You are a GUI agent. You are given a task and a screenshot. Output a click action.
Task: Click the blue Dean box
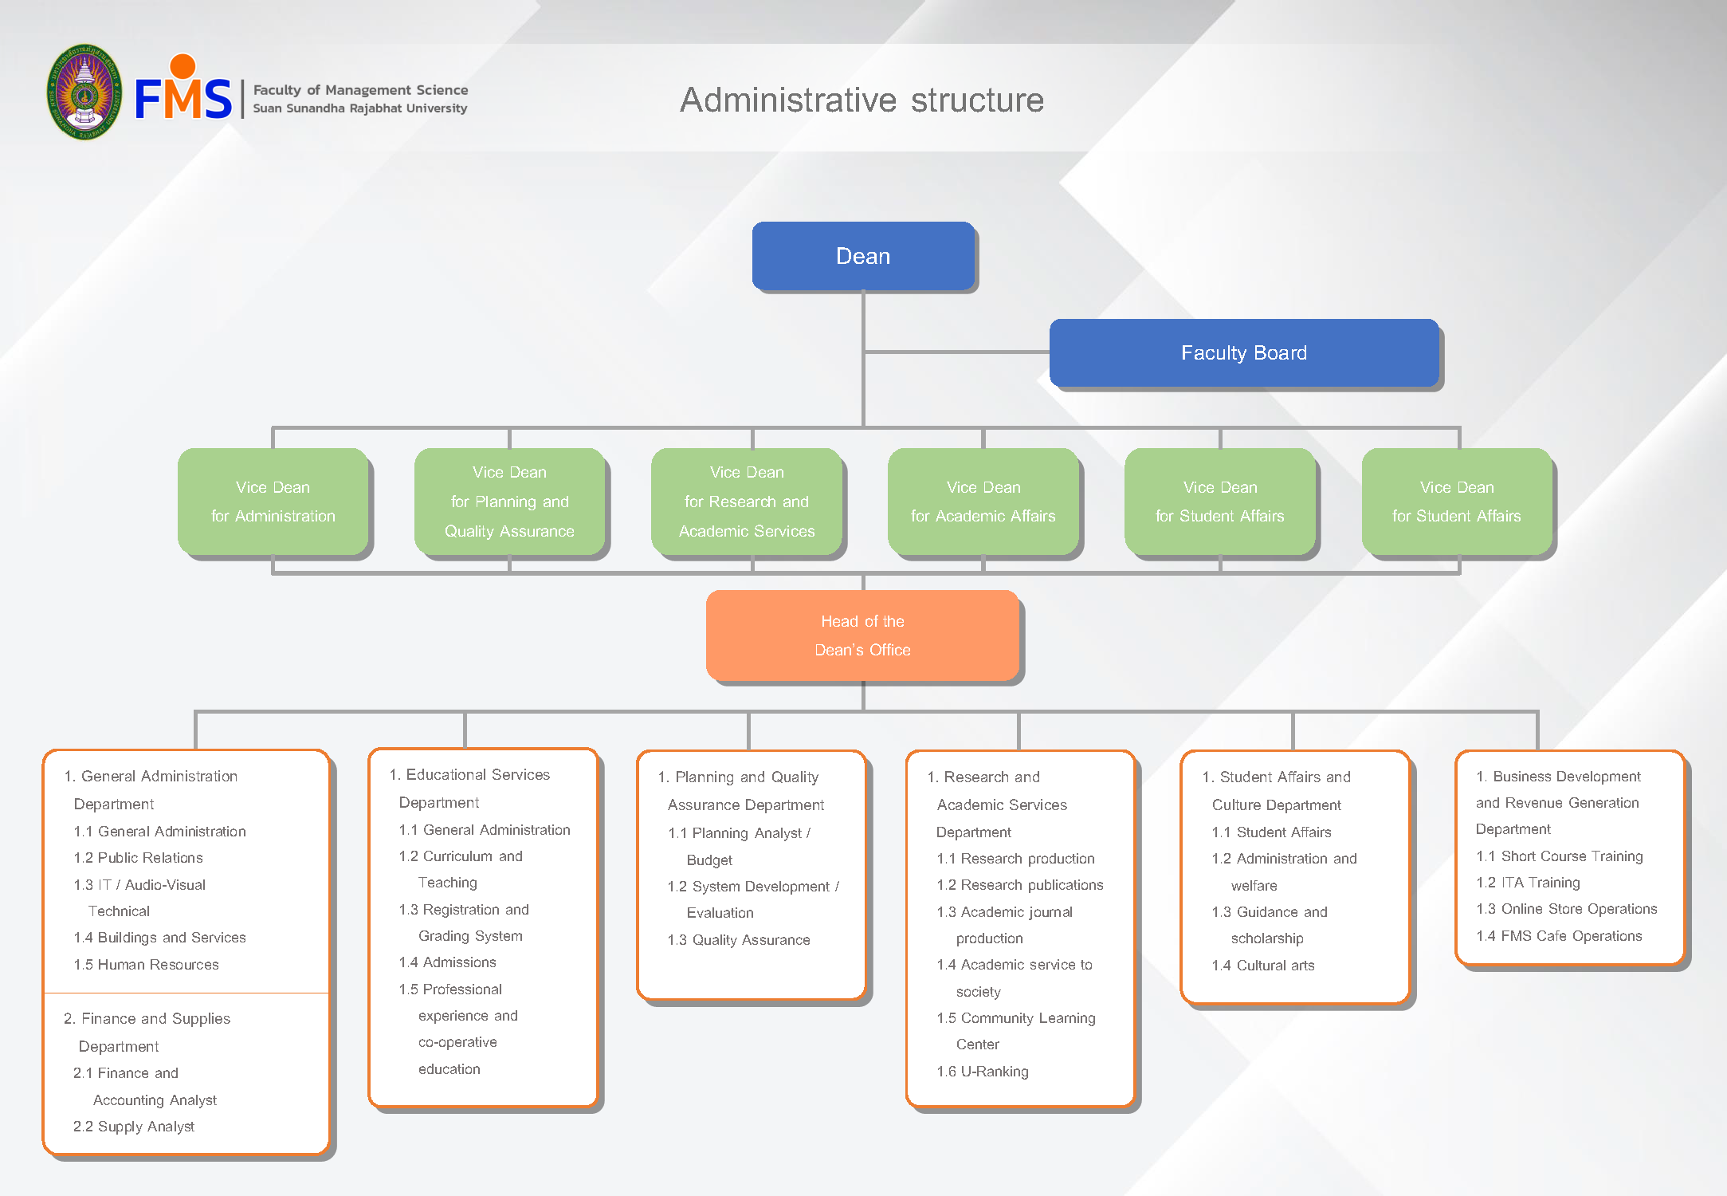pyautogui.click(x=863, y=256)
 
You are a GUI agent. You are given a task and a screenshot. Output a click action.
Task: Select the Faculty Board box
pyautogui.click(x=1243, y=353)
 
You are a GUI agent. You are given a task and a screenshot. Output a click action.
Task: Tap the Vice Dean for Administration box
pyautogui.click(x=273, y=502)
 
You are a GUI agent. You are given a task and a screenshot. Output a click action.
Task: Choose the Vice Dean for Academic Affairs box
pyautogui.click(x=983, y=502)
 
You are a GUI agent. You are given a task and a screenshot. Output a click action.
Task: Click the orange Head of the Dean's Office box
pyautogui.click(x=862, y=635)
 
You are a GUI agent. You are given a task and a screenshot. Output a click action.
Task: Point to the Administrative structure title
pyautogui.click(x=862, y=100)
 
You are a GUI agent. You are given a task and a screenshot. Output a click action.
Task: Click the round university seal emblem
pyautogui.click(x=84, y=92)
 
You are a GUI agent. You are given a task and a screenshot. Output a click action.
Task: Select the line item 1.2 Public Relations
pyautogui.click(x=138, y=858)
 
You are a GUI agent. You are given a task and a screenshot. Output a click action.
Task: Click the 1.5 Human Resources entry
pyautogui.click(x=146, y=965)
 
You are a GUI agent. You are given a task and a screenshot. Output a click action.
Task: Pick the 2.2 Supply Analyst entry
pyautogui.click(x=134, y=1127)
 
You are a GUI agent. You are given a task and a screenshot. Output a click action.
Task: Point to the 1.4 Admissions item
pyautogui.click(x=447, y=962)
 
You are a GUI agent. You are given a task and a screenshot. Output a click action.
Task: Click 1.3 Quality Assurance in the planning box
pyautogui.click(x=739, y=940)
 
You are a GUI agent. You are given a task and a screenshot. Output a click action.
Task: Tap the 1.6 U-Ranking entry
pyautogui.click(x=983, y=1072)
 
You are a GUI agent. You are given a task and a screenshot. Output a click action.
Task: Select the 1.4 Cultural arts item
pyautogui.click(x=1263, y=966)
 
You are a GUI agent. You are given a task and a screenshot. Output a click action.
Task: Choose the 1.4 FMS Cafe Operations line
pyautogui.click(x=1559, y=936)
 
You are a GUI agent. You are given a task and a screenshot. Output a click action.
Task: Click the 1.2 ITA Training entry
pyautogui.click(x=1528, y=883)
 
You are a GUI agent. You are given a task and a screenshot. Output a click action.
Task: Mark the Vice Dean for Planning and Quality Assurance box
pyautogui.click(x=509, y=502)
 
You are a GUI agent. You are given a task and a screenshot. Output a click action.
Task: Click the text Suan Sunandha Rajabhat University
pyautogui.click(x=360, y=108)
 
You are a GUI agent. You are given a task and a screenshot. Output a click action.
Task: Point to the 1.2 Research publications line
pyautogui.click(x=1020, y=885)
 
